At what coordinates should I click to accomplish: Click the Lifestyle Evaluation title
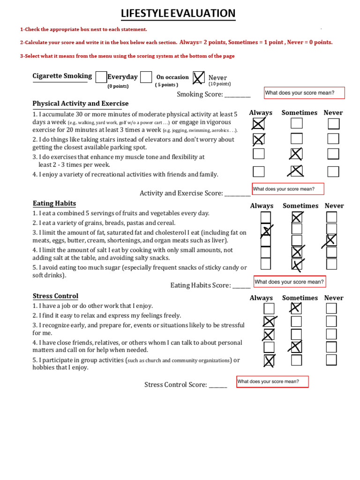[178, 14]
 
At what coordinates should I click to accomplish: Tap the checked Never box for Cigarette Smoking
[199, 77]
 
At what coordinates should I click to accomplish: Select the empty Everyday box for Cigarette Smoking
[101, 77]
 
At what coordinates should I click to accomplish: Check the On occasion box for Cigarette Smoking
[146, 77]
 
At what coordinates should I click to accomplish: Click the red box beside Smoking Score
[304, 93]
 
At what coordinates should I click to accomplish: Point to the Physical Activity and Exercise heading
[80, 104]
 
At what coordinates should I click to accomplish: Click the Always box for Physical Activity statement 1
[258, 124]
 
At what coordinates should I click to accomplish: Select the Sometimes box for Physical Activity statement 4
[296, 172]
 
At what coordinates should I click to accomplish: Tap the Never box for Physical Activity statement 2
[333, 139]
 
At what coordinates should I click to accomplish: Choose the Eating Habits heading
[54, 203]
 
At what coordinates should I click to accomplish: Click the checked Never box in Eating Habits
[331, 240]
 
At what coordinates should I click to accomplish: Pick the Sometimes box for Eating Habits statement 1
[297, 217]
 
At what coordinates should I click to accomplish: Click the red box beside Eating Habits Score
[290, 282]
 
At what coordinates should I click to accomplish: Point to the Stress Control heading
[55, 296]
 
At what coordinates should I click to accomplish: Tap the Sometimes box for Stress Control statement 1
[296, 308]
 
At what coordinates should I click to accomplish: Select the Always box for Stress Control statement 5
[269, 360]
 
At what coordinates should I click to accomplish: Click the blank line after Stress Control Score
[217, 385]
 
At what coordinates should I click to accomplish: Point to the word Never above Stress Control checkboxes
[334, 298]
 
